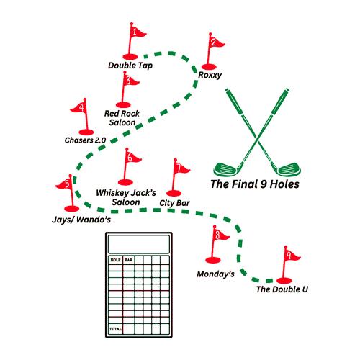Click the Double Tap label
point(130,66)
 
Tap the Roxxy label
point(210,75)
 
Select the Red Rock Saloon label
point(122,118)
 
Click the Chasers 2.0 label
point(86,140)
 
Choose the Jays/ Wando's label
point(81,220)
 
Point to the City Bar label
point(174,203)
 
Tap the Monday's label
point(216,274)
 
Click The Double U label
point(282,289)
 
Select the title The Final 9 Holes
point(255,184)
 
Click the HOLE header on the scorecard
point(115,260)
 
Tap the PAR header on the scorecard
point(129,260)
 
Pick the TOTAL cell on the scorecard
point(115,329)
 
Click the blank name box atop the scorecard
point(139,244)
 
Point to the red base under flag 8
point(213,260)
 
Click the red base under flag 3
point(123,105)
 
